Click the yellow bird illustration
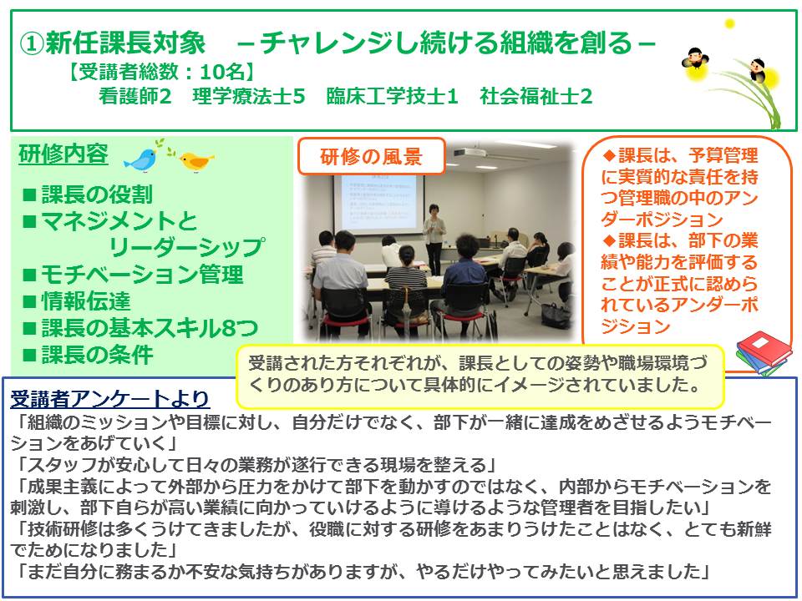195,161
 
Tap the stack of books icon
763,353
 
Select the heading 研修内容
63,154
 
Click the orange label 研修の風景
371,156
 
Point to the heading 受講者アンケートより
110,399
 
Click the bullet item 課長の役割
88,194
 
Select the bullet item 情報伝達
77,300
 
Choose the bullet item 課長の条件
88,354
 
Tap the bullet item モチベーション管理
133,275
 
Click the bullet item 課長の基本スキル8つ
140,327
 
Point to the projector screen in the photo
378,205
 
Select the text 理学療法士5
249,96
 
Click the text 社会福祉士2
536,96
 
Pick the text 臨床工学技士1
393,96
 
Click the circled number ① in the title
31,43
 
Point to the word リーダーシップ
186,247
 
